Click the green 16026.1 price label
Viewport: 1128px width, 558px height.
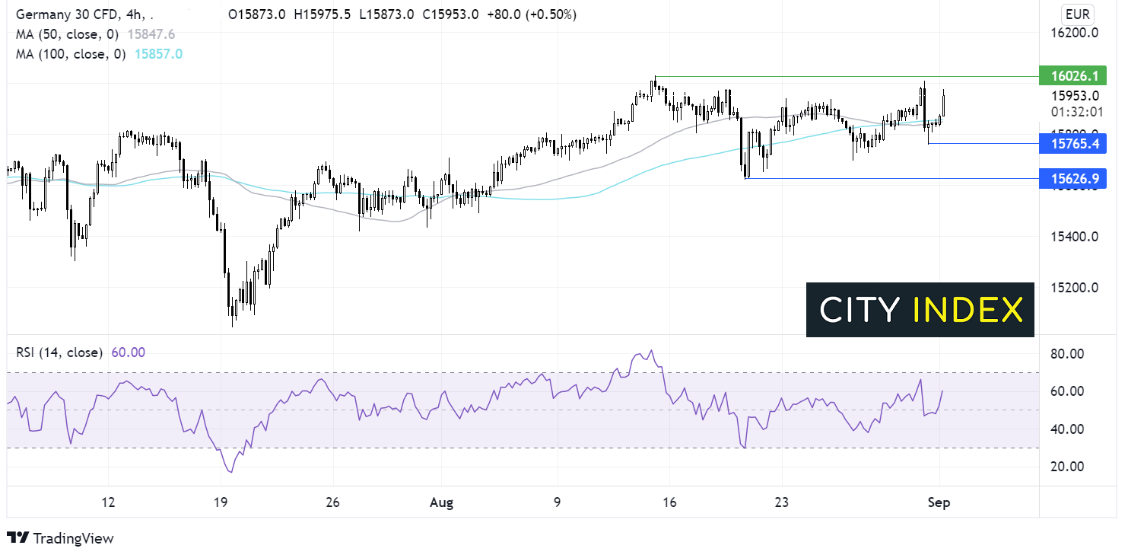click(x=1072, y=76)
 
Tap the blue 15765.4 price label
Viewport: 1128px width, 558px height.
click(x=1072, y=143)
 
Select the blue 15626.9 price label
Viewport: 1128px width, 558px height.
click(x=1072, y=179)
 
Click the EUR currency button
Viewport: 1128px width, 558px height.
click(x=1078, y=14)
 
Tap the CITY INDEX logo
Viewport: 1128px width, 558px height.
click(x=920, y=310)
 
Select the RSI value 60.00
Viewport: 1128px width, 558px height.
click(x=128, y=352)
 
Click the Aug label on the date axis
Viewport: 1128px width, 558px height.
click(x=441, y=502)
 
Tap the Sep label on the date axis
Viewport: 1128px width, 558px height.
click(x=939, y=502)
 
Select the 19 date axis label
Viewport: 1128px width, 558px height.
click(x=221, y=502)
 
